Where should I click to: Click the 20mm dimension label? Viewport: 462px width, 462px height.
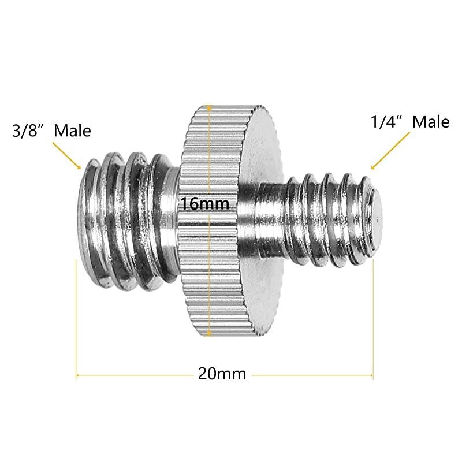222,374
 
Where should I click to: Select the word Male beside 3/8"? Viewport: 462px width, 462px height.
73,131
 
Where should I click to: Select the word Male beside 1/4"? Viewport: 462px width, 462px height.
430,122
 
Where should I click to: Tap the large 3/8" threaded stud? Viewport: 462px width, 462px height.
124,219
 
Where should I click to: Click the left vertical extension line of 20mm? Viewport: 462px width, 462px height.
76,318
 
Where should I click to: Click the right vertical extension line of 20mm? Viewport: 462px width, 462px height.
374,318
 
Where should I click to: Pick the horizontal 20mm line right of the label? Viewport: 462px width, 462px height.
312,375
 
